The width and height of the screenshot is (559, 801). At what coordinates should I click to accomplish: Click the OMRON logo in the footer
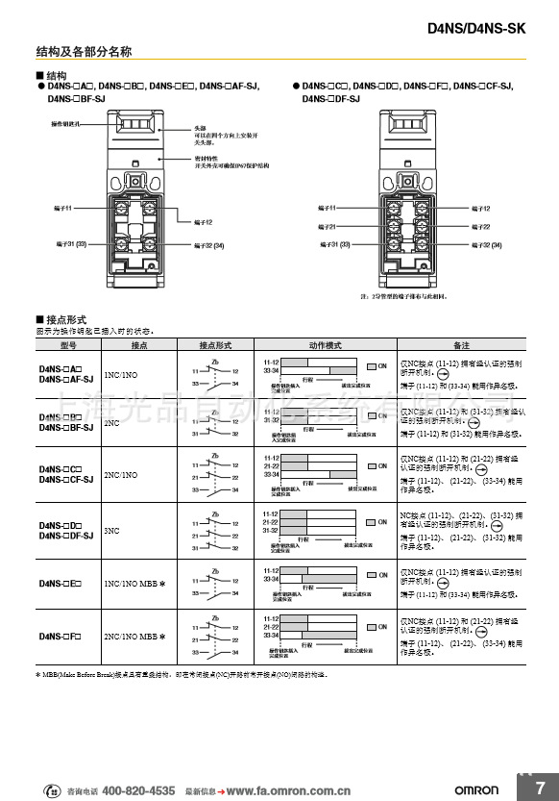(476, 789)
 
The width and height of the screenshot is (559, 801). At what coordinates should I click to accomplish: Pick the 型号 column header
(67, 344)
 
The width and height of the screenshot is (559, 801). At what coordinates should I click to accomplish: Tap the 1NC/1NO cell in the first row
(120, 375)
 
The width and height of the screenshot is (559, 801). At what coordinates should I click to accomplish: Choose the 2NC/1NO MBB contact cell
(134, 636)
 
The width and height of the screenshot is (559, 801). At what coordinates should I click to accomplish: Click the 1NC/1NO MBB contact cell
(134, 584)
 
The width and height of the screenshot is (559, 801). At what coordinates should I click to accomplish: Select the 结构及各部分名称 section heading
(84, 51)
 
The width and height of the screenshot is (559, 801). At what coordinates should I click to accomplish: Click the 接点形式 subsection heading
(65, 319)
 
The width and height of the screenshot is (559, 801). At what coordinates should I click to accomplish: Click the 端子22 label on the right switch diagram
(480, 227)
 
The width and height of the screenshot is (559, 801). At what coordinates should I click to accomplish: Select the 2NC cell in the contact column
(111, 422)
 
